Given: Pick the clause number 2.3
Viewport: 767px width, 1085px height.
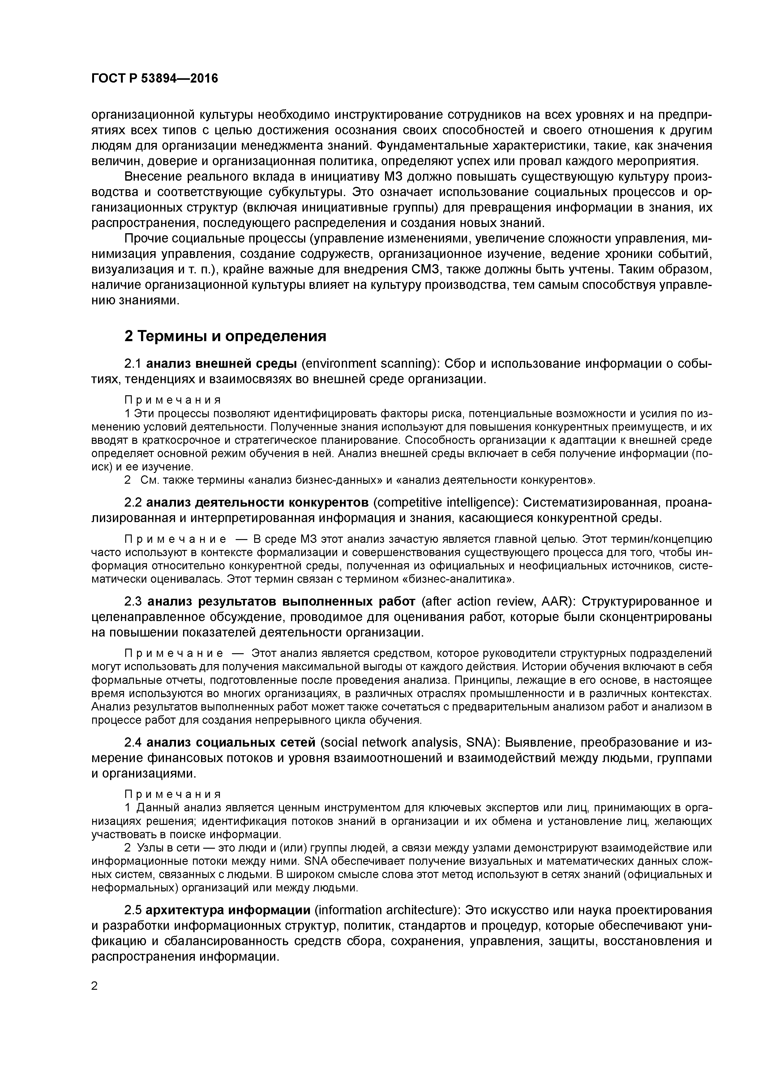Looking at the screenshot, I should point(133,602).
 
